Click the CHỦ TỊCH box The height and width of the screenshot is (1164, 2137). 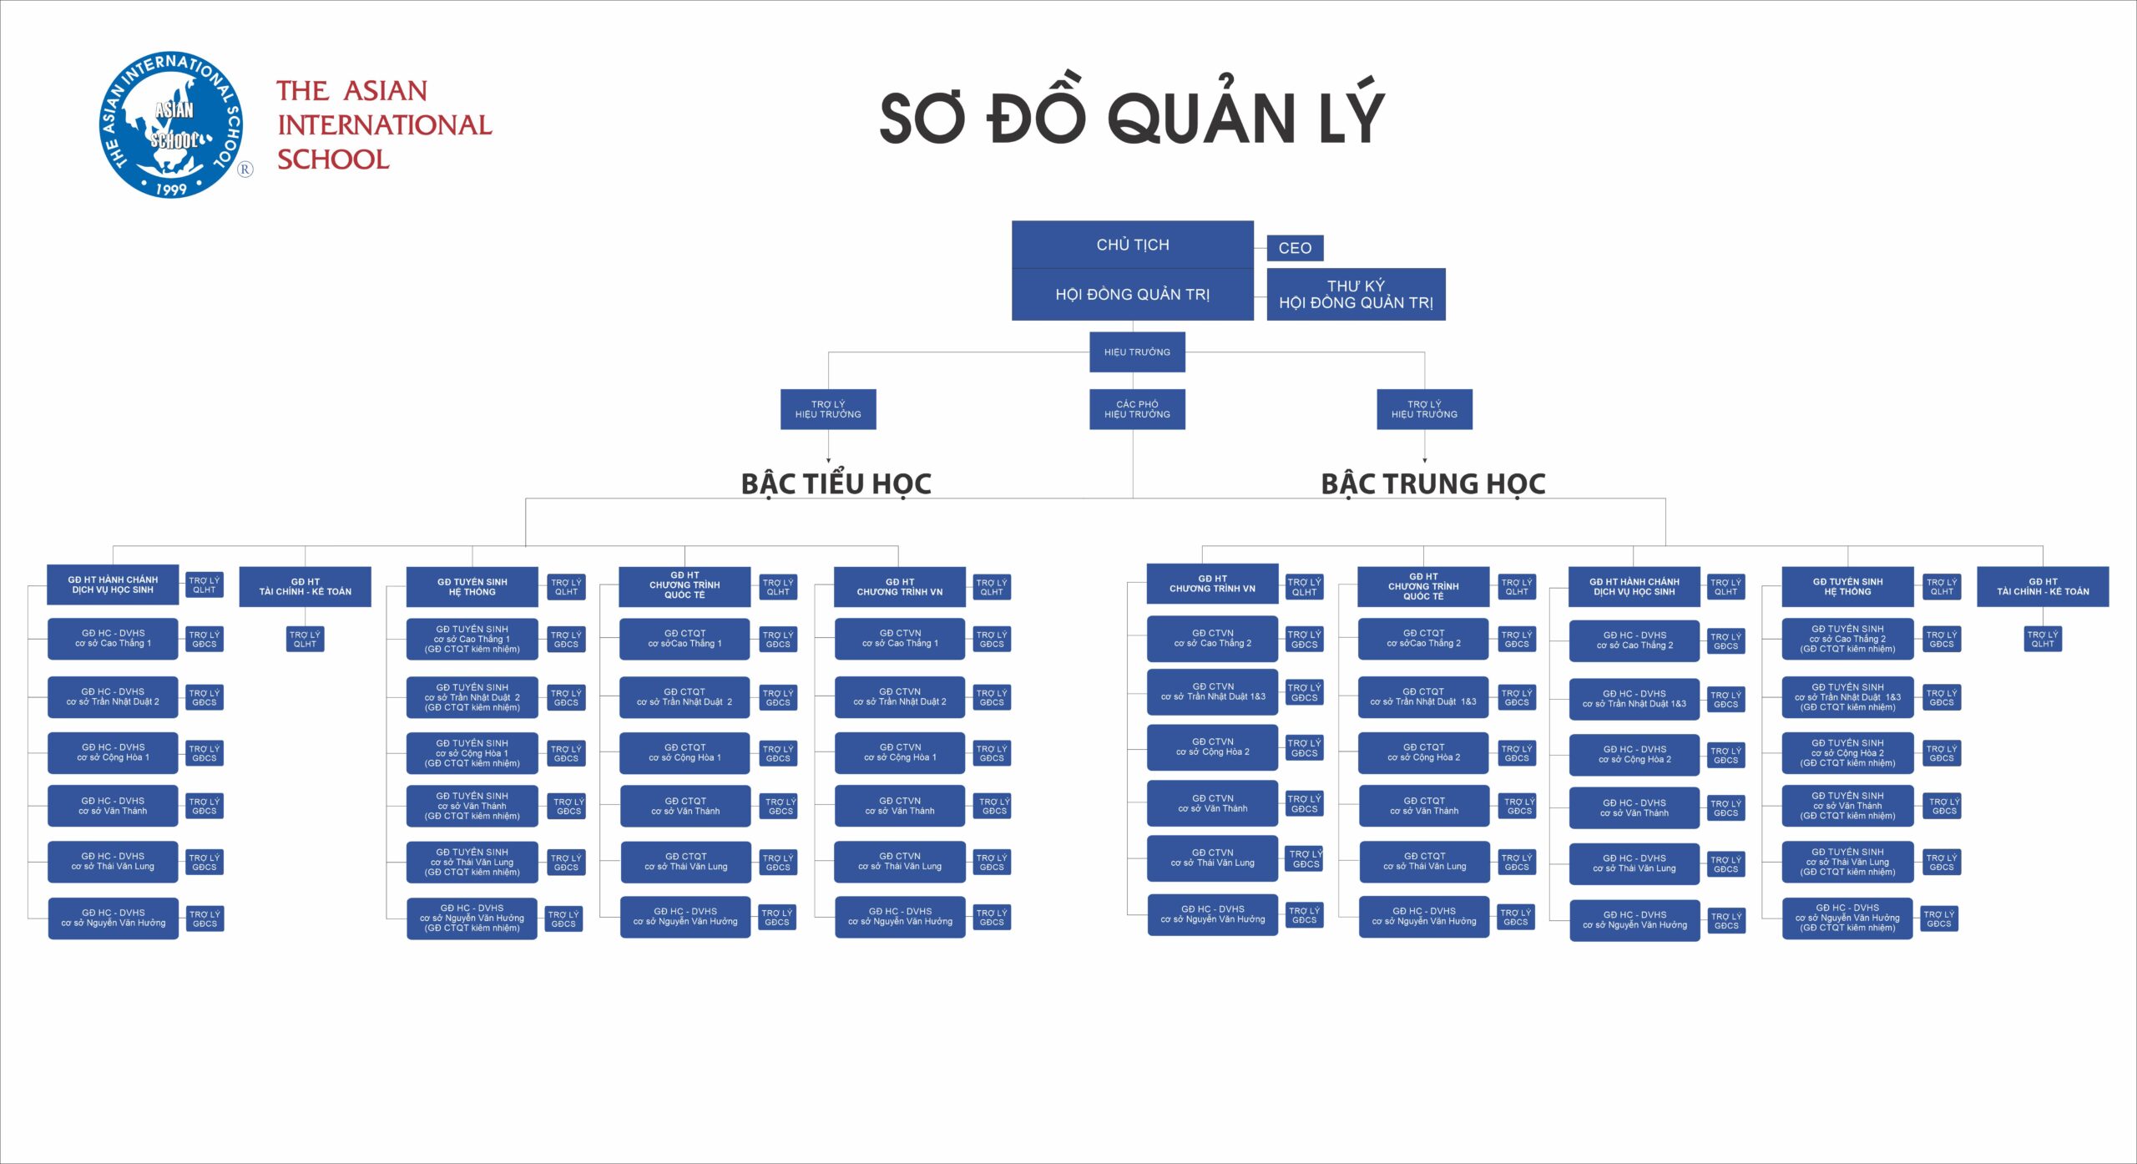(x=1132, y=245)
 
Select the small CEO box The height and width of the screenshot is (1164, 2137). (x=1295, y=248)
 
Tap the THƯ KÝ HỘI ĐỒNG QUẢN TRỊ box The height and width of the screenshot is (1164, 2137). (x=1356, y=294)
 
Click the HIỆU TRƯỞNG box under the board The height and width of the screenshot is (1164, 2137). (x=1137, y=352)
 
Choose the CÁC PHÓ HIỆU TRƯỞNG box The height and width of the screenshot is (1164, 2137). (x=1137, y=409)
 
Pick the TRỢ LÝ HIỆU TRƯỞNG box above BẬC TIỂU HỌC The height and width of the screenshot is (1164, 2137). (x=828, y=409)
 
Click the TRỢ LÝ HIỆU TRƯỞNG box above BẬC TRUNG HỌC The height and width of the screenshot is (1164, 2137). (x=1424, y=409)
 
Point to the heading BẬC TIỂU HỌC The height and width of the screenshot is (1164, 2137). (x=836, y=483)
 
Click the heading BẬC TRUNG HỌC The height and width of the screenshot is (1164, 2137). (x=1432, y=483)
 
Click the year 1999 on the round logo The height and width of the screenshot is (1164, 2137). (x=171, y=189)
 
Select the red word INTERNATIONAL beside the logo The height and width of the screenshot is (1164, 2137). (x=384, y=125)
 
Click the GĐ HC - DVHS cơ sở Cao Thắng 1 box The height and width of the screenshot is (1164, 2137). (x=113, y=639)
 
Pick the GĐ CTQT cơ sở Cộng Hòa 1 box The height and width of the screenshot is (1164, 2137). (x=685, y=753)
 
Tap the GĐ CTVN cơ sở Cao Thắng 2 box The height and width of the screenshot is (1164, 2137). (x=1212, y=639)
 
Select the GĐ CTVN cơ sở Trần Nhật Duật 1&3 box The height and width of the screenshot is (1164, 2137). (x=1212, y=691)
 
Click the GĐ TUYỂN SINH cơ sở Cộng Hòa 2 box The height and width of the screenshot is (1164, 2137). (x=1847, y=753)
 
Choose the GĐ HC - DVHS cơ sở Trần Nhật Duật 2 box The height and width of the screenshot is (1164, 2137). (x=113, y=697)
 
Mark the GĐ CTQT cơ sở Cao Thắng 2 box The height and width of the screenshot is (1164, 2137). (x=1423, y=639)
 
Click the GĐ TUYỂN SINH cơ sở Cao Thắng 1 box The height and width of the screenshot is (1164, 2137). (x=472, y=639)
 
